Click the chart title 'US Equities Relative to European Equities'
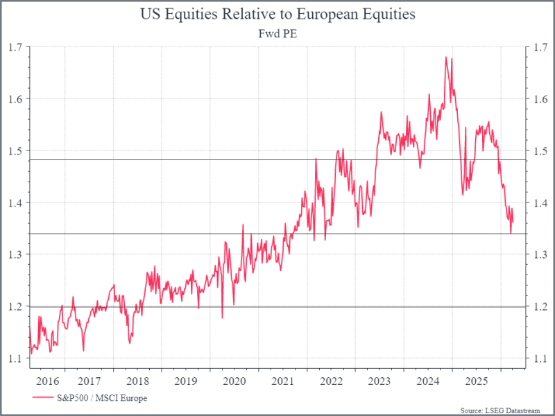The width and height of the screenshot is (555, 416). click(x=277, y=13)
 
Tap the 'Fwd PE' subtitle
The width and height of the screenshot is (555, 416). click(x=277, y=32)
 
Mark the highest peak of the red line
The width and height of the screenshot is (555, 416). click(x=445, y=57)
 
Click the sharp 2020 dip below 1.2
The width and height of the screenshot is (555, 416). click(x=222, y=318)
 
